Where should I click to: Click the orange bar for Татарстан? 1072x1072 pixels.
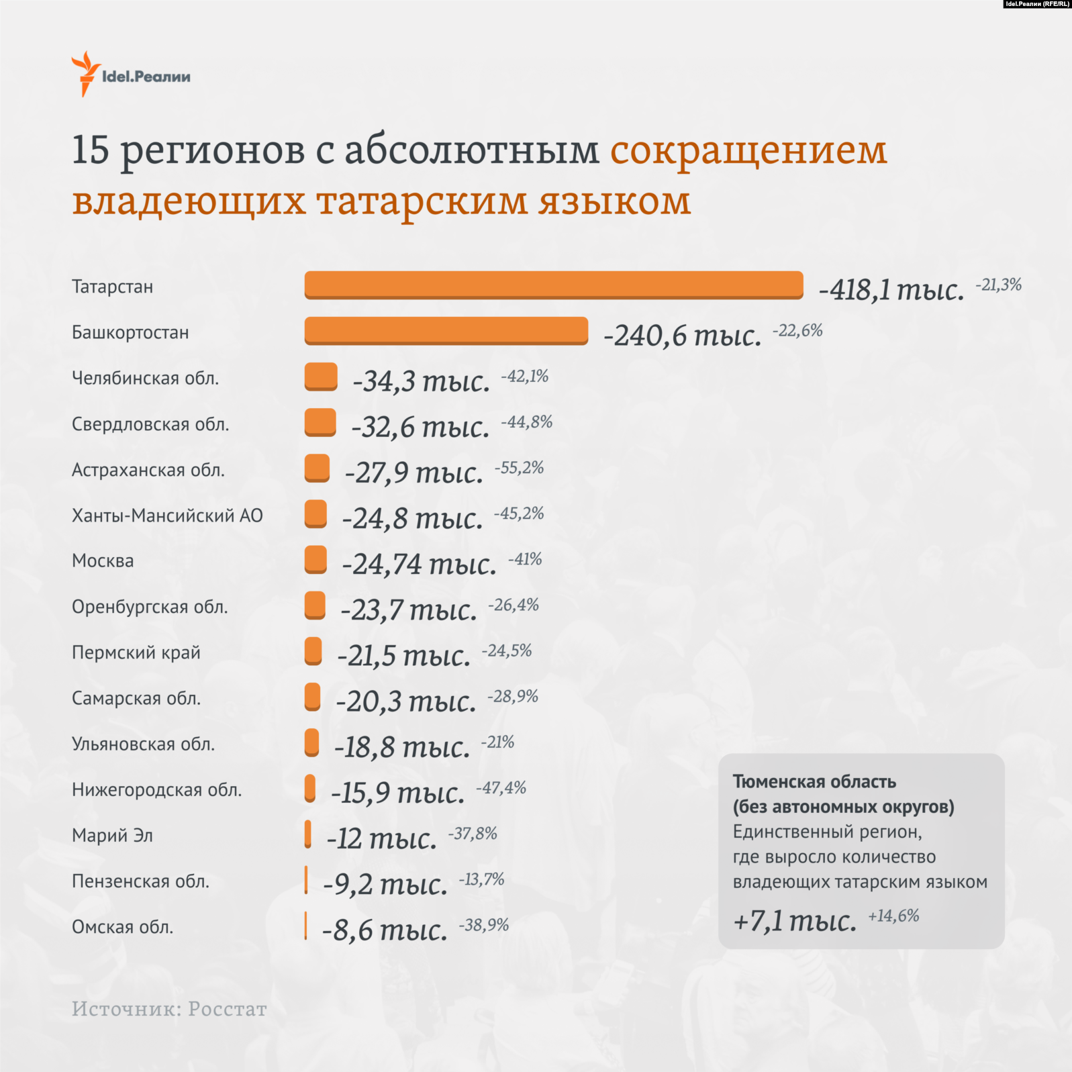[554, 285]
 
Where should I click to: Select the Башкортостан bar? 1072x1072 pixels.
[446, 330]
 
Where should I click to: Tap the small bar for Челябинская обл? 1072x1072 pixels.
[321, 377]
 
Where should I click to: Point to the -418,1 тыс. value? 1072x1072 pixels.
[891, 290]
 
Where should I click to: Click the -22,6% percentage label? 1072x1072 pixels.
[797, 330]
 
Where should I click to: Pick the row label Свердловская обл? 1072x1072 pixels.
[150, 424]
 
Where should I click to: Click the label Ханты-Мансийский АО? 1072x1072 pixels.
[167, 516]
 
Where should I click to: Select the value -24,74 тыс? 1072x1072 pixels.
[419, 564]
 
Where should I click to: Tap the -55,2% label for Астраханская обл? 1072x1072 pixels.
[519, 468]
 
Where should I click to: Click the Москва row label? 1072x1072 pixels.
[103, 561]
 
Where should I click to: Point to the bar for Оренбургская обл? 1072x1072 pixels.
[315, 605]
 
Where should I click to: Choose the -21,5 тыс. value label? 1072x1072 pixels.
[403, 656]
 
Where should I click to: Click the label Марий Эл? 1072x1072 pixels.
[112, 835]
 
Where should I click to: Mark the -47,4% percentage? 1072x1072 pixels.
[501, 787]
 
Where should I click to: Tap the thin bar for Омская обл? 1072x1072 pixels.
[305, 926]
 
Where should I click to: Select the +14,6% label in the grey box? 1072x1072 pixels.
[893, 916]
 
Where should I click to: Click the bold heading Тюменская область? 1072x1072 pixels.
[814, 781]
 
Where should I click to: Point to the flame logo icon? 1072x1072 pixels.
[85, 73]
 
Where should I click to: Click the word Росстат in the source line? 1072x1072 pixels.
[227, 1009]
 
